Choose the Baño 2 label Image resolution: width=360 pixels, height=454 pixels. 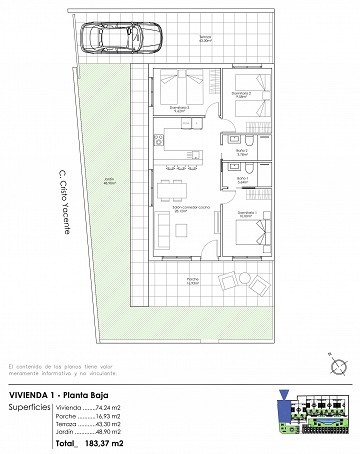pyautogui.click(x=240, y=152)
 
